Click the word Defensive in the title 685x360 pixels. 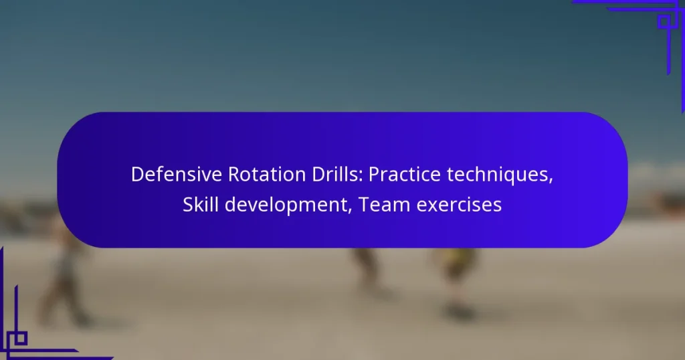pyautogui.click(x=177, y=175)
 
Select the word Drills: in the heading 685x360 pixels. pyautogui.click(x=338, y=175)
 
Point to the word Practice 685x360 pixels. pyautogui.click(x=405, y=175)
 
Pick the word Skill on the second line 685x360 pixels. pyautogui.click(x=201, y=204)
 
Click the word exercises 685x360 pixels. pyautogui.click(x=459, y=205)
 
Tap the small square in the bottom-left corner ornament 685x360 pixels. pyautogui.click(x=17, y=339)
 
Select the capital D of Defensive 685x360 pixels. pyautogui.click(x=138, y=175)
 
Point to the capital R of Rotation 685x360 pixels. pyautogui.click(x=234, y=175)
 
